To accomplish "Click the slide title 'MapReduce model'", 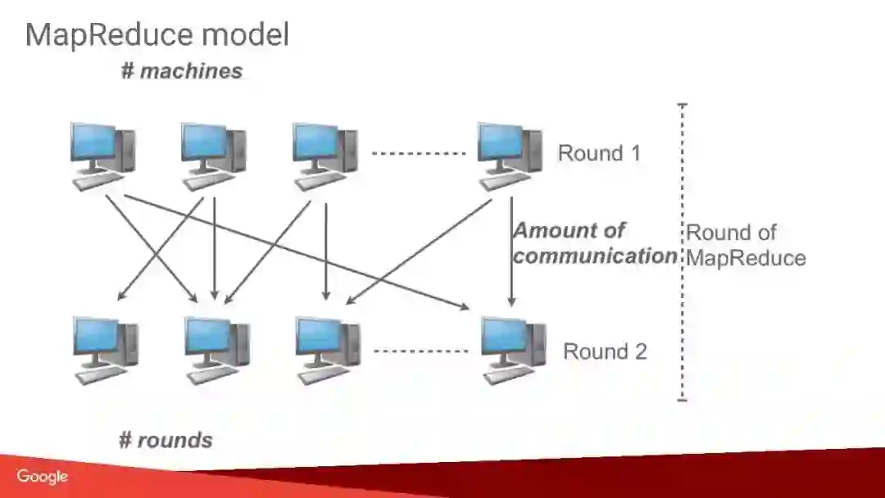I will (x=157, y=35).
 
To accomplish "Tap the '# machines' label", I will (x=182, y=71).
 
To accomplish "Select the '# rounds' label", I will (x=166, y=440).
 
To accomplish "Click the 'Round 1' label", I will (x=599, y=153).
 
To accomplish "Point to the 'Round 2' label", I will (x=605, y=351).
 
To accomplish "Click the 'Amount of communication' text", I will (x=594, y=243).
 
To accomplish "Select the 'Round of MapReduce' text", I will (x=745, y=245).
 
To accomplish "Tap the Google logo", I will (x=42, y=476).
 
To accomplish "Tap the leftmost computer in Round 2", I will (x=105, y=351).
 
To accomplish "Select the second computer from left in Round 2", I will (x=216, y=351).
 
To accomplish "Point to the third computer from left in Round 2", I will (x=327, y=351).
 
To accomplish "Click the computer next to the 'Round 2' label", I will (x=512, y=351).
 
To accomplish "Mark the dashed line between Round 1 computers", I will (x=419, y=153).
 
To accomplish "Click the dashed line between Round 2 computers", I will (x=420, y=351).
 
